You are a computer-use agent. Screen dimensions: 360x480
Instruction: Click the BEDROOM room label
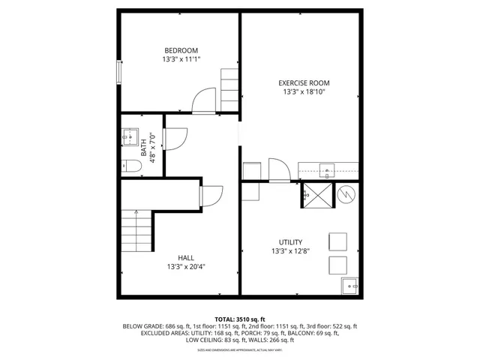(x=181, y=50)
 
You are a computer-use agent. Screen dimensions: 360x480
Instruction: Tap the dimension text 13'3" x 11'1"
(x=181, y=59)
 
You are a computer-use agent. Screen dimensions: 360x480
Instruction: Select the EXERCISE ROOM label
(x=304, y=83)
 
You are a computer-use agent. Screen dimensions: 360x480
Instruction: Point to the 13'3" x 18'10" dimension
(x=304, y=92)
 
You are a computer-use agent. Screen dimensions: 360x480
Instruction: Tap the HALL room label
(x=186, y=257)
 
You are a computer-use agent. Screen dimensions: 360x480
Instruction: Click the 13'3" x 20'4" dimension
(x=186, y=266)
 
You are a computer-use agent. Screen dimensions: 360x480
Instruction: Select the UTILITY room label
(x=290, y=242)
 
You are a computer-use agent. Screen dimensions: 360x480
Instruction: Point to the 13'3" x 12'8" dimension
(x=290, y=251)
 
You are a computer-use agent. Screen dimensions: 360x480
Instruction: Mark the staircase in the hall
(x=136, y=232)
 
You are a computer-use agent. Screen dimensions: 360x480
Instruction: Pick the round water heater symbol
(x=346, y=195)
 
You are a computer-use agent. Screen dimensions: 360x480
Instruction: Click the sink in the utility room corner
(x=349, y=286)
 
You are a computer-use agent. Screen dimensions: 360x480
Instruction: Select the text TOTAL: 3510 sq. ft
(x=240, y=319)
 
